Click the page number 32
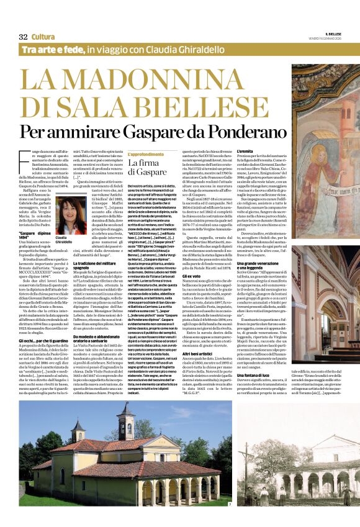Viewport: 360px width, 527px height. [x=23, y=37]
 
